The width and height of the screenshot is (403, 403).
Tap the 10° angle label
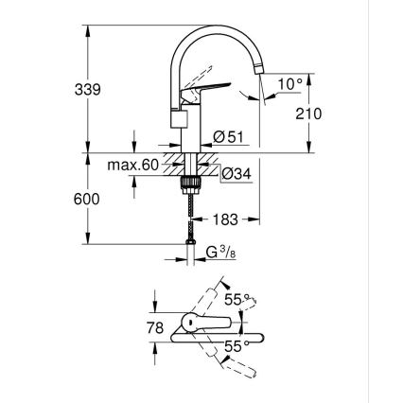[x=291, y=83]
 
